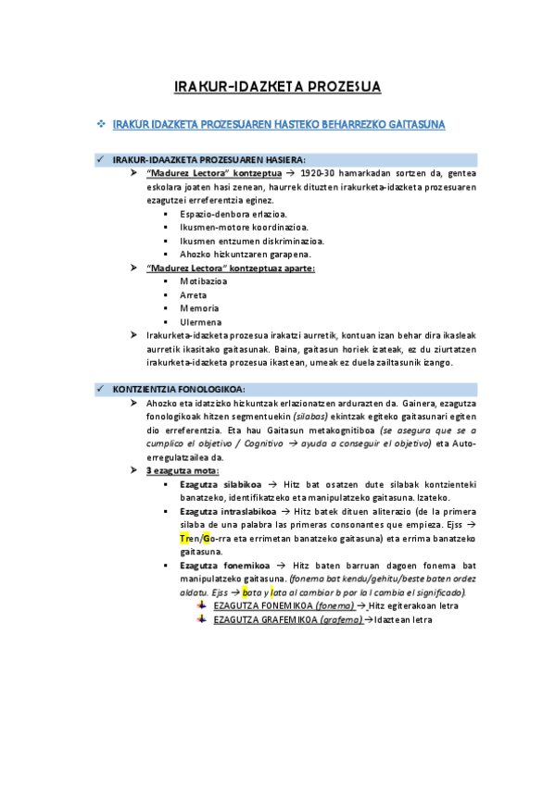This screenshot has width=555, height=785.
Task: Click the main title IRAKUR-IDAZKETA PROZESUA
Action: [x=277, y=88]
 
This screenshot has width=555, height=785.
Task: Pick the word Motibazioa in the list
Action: [x=205, y=281]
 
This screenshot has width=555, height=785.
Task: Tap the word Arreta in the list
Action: [x=195, y=295]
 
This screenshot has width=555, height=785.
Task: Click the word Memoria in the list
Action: [x=199, y=308]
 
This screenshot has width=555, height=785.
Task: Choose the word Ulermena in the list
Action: [x=200, y=322]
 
